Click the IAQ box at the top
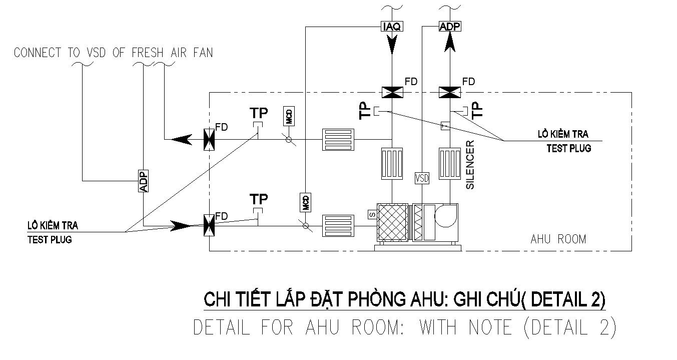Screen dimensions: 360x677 pos(391,27)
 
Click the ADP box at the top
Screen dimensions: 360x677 pos(449,27)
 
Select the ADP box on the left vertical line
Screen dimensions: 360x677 pos(144,181)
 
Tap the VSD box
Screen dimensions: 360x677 pos(422,178)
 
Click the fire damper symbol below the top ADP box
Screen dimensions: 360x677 pos(449,92)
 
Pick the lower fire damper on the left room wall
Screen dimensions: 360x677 pos(209,225)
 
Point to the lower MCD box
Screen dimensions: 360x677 pos(306,202)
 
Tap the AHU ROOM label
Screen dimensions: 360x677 pos(558,239)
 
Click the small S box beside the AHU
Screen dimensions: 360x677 pos(372,214)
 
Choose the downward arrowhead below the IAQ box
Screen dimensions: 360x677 pos(391,47)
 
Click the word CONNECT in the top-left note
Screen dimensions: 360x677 pos(38,53)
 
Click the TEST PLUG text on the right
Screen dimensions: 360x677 pos(568,148)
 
